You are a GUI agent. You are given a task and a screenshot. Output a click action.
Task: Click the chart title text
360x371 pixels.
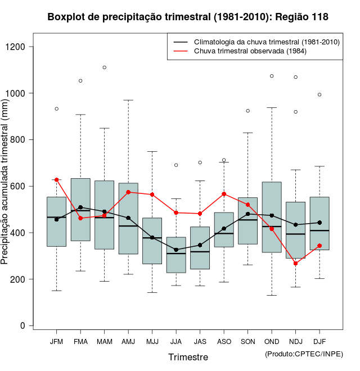coord(188,17)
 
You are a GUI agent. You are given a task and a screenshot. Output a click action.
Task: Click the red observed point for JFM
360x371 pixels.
coord(56,180)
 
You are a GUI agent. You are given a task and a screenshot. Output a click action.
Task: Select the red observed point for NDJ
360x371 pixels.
coord(295,263)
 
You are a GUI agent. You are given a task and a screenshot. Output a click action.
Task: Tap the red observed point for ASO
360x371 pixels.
coord(224,194)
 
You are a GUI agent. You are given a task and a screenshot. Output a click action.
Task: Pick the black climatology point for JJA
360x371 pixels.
coord(176,250)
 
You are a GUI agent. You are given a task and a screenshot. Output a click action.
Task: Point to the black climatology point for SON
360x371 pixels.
coord(247,214)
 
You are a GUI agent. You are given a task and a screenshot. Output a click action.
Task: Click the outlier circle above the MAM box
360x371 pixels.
coord(104,67)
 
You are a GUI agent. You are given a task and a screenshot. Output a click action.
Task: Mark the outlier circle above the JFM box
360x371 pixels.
coord(56,108)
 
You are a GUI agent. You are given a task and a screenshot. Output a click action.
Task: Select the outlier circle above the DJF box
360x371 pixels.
coord(319,94)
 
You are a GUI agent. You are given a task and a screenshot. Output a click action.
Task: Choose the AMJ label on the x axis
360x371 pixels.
coord(128,342)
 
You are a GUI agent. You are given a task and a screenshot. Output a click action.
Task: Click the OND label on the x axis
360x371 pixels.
coord(272,342)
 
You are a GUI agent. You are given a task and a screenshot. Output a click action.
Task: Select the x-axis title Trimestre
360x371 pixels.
coord(188,357)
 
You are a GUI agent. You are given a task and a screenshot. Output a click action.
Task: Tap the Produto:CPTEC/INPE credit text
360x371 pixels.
coord(304,354)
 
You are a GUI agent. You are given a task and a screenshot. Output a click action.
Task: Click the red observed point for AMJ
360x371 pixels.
coord(128,192)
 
